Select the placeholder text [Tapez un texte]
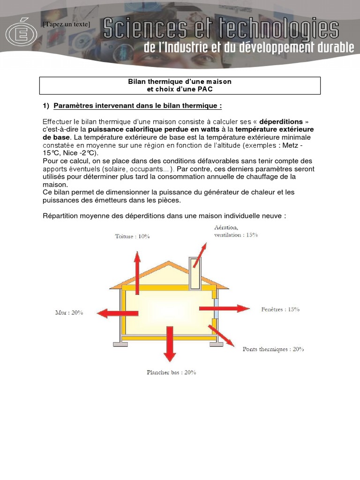66,24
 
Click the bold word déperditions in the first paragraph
281,121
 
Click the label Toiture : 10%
133,237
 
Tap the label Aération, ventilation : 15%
236,231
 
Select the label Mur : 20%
69,313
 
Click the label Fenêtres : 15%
280,309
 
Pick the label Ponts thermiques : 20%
273,349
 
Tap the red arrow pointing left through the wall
111,313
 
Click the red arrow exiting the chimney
199,255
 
